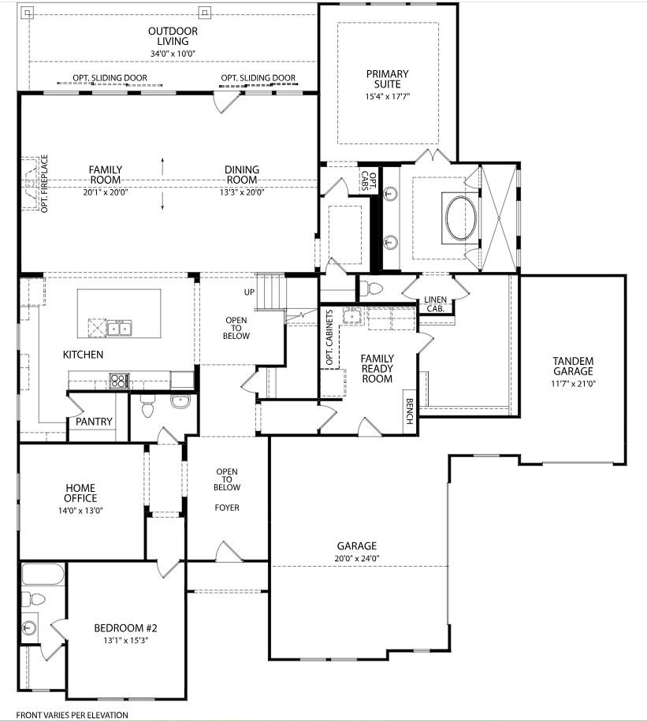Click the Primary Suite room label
(x=387, y=79)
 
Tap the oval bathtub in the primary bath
(x=461, y=218)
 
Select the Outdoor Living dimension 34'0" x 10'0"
(x=173, y=54)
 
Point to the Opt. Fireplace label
(x=44, y=184)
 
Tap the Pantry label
(x=94, y=422)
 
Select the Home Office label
(x=80, y=493)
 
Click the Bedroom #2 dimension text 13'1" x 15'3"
(x=126, y=640)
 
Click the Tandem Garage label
(x=573, y=366)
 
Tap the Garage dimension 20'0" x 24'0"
(x=358, y=558)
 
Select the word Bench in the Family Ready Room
(x=410, y=411)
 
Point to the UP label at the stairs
(x=249, y=292)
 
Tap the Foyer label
(x=227, y=508)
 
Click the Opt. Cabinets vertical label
(x=329, y=337)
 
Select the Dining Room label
(x=242, y=174)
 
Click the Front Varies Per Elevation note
(x=72, y=715)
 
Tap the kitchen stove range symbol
(x=119, y=381)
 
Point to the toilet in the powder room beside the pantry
(x=147, y=408)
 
